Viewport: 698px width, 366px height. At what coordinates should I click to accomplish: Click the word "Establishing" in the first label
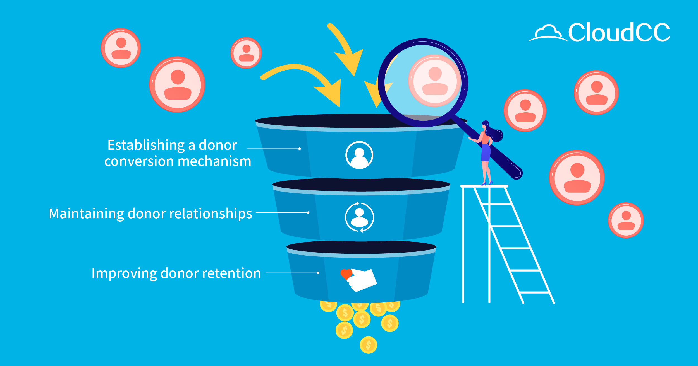(146, 145)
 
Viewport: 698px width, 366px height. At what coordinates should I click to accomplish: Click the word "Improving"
(124, 273)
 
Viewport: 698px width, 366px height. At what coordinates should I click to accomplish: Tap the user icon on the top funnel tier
(359, 155)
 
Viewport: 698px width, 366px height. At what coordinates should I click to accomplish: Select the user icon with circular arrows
(359, 217)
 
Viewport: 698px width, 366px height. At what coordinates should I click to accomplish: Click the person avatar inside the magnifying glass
(435, 81)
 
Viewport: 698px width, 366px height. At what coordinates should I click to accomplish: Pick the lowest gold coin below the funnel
(368, 345)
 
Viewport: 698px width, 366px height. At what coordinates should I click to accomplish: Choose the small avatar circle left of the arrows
(246, 53)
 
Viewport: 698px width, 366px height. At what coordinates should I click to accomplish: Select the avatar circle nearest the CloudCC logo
(596, 93)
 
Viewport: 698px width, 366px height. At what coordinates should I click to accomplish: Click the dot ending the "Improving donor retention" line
(318, 273)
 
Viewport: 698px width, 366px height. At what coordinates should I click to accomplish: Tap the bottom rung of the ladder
(534, 292)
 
